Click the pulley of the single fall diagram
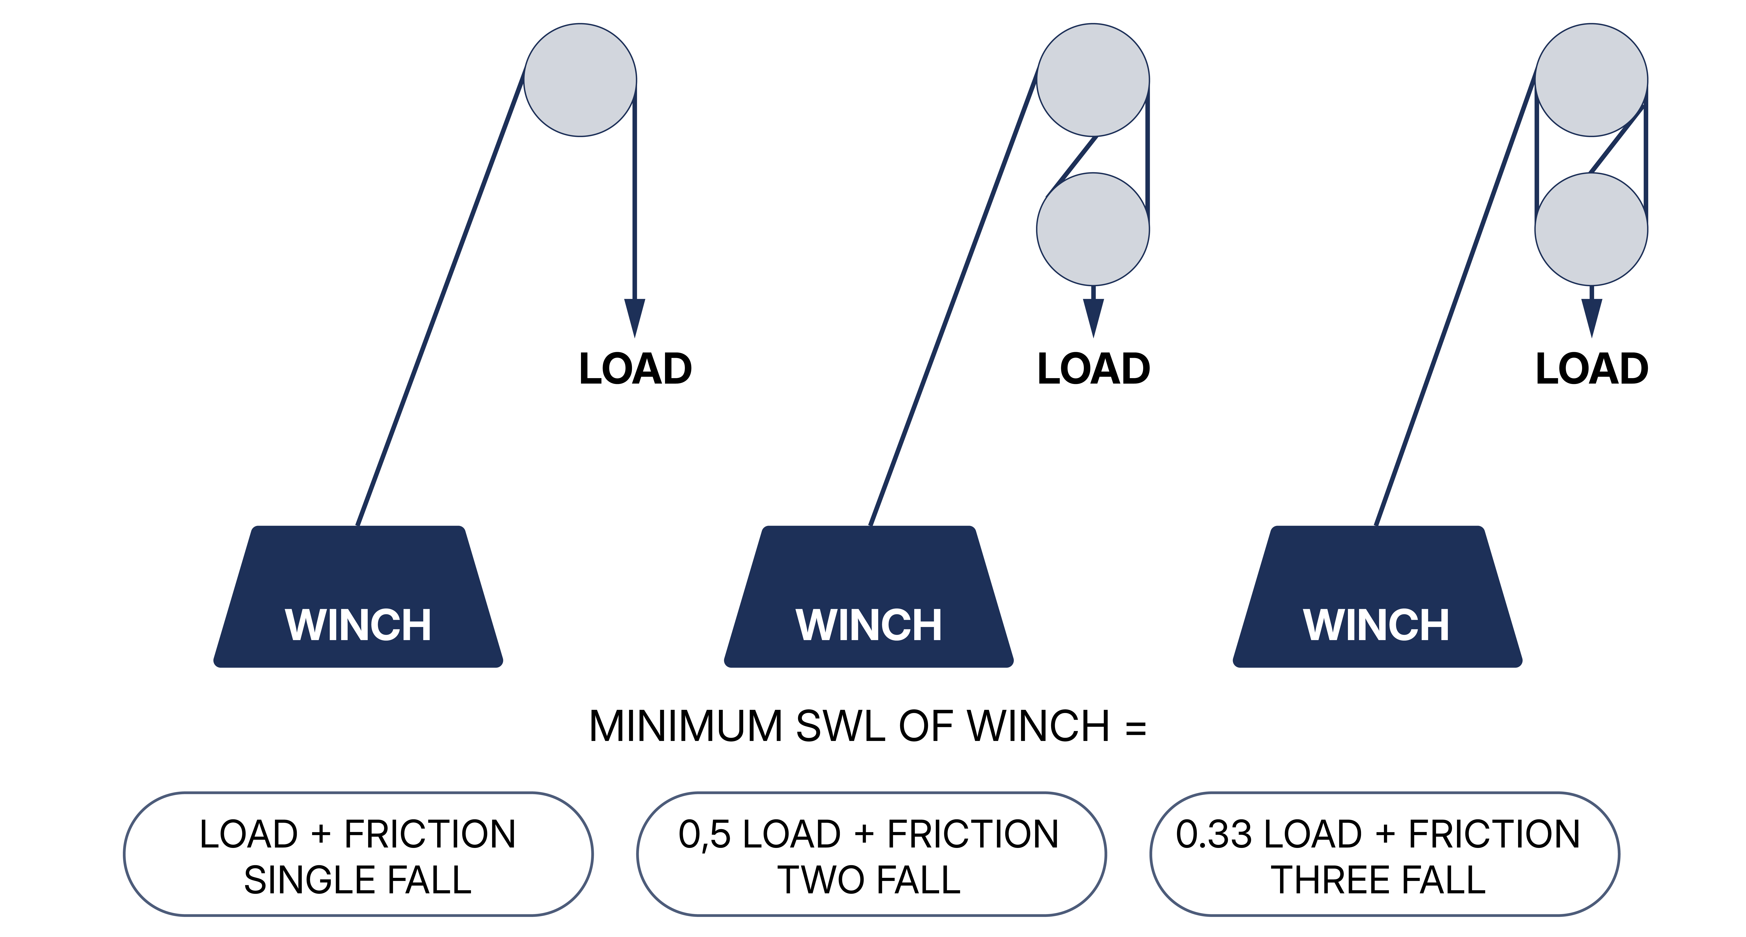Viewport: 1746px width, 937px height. (580, 80)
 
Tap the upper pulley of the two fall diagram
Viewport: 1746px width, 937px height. (1093, 80)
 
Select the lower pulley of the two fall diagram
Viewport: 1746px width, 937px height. (1093, 229)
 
